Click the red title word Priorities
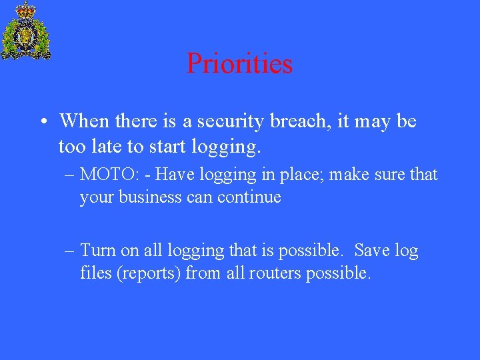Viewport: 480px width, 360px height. click(x=239, y=64)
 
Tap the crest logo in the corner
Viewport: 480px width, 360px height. click(x=26, y=31)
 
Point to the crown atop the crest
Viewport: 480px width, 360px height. click(x=26, y=9)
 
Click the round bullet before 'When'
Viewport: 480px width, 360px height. click(x=42, y=122)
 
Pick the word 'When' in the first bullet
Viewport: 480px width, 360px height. click(x=85, y=121)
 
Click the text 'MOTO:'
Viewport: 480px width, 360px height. click(x=107, y=175)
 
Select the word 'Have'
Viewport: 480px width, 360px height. click(x=174, y=175)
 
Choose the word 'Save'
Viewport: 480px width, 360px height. click(x=372, y=251)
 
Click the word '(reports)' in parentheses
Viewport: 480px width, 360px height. click(x=149, y=273)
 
